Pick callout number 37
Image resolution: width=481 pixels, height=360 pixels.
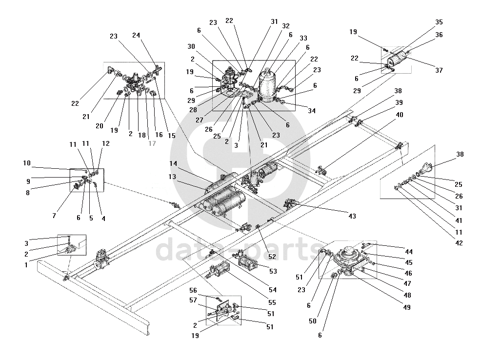tap(439, 70)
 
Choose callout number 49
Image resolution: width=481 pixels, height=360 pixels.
tap(406, 307)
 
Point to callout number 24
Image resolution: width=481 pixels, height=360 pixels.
tap(136, 35)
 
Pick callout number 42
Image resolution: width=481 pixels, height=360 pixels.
tap(459, 243)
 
